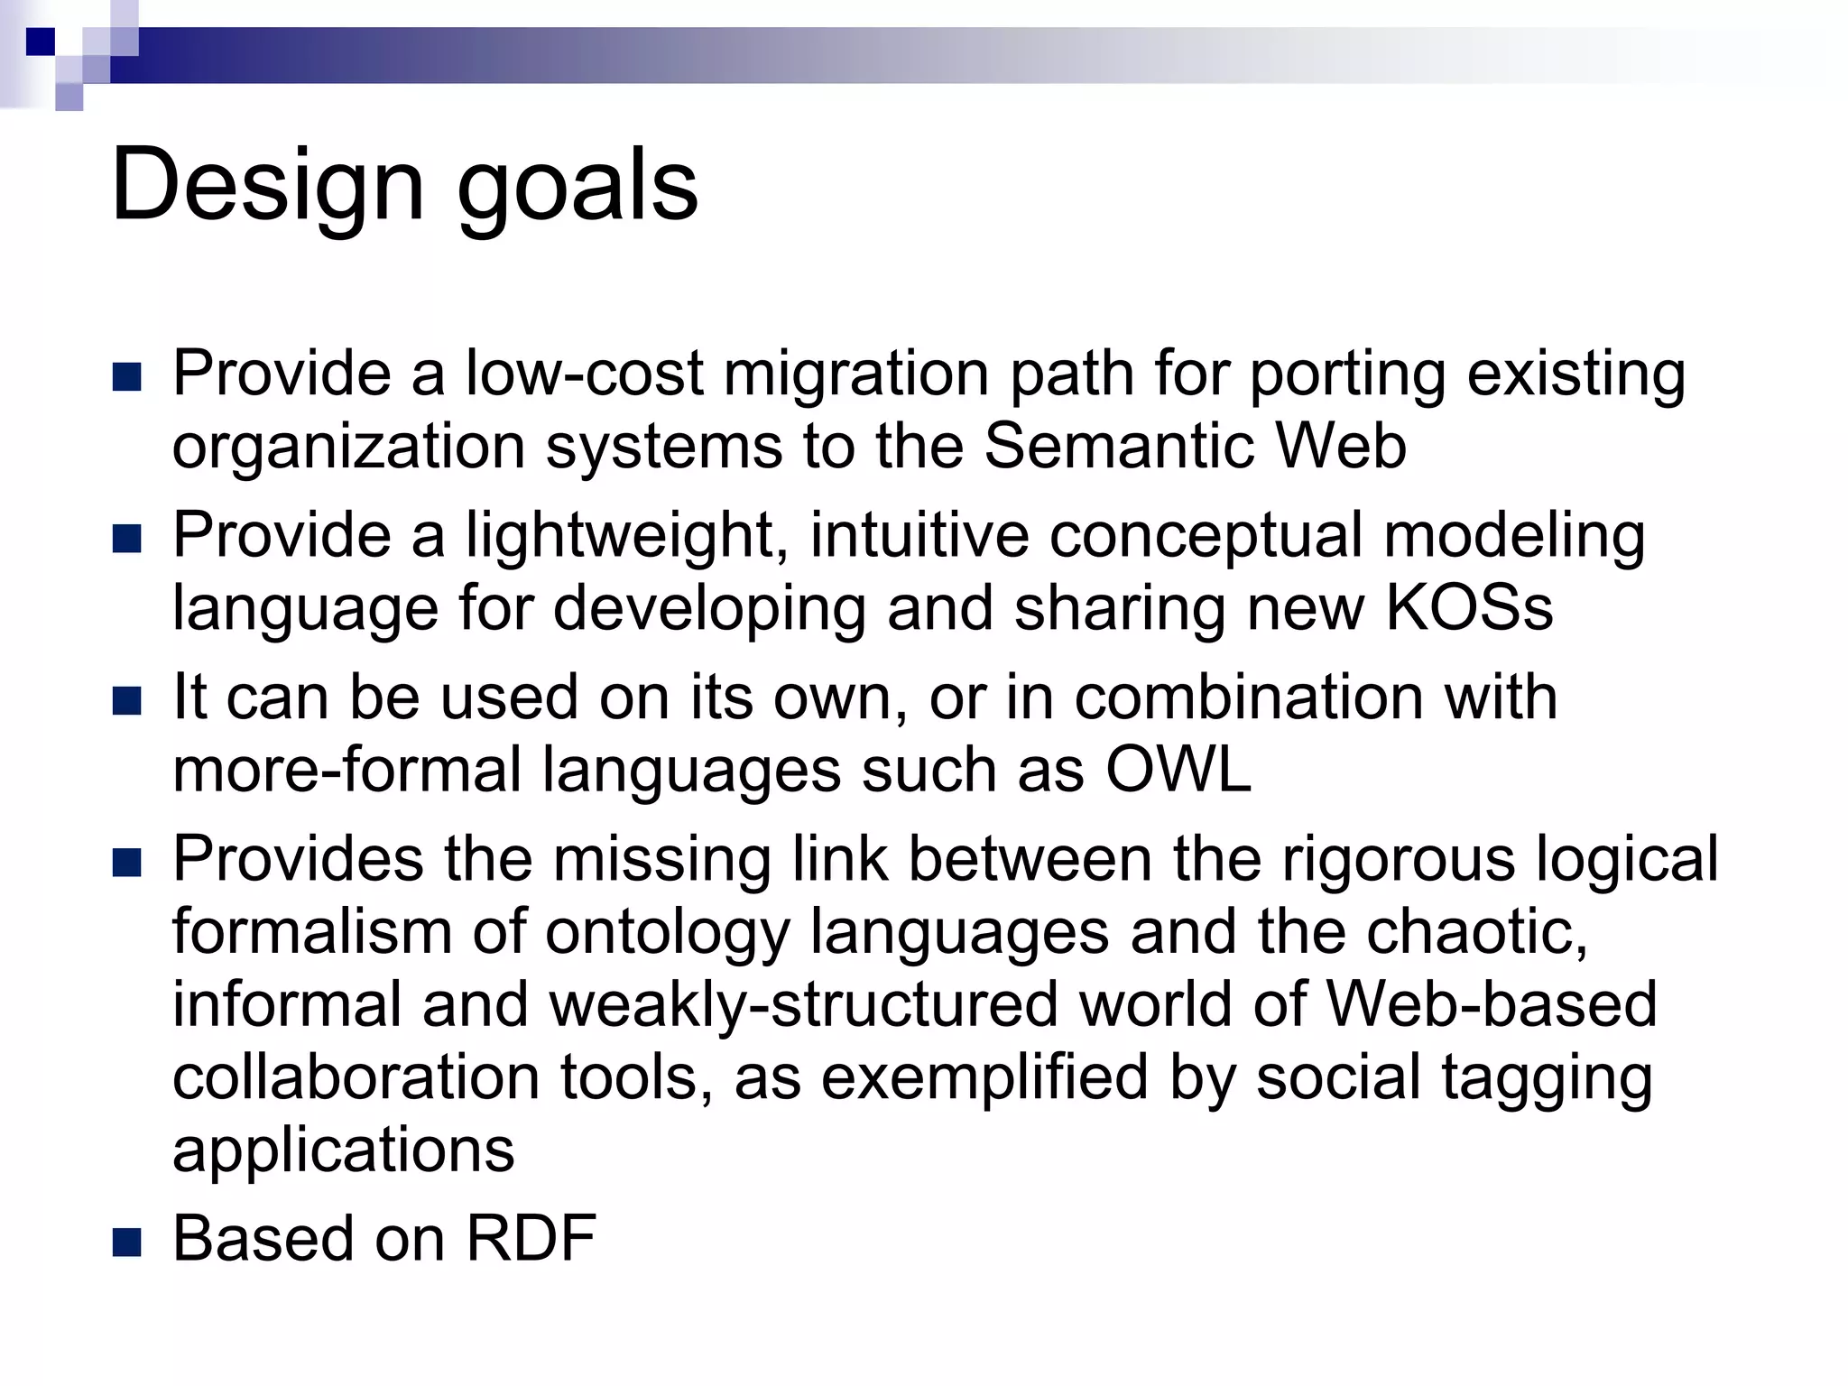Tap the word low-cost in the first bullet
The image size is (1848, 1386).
583,373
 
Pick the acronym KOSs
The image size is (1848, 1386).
1468,608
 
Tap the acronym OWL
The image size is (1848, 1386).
1178,770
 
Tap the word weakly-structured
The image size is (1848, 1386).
803,1004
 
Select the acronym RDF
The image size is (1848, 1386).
531,1238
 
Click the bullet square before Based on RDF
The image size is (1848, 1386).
127,1243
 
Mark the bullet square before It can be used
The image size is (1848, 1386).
127,701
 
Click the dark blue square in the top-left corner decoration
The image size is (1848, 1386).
41,42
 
